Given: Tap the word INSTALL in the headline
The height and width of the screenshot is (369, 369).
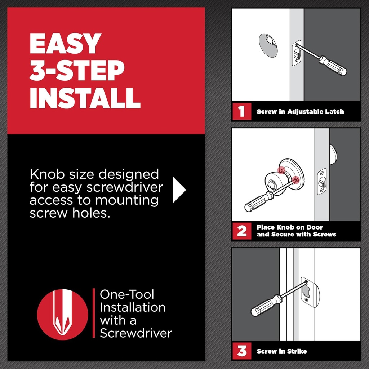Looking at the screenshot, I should [85, 97].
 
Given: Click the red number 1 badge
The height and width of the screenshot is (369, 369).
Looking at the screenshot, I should [241, 111].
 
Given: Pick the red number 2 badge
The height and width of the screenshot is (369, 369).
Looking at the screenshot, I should [241, 231].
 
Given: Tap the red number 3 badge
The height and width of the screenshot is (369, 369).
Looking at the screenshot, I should [241, 351].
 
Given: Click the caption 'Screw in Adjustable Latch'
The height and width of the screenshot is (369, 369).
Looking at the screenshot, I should [300, 112].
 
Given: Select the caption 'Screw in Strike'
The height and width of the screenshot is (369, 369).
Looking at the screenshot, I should [281, 351].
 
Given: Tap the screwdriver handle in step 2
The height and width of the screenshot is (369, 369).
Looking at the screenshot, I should [258, 201].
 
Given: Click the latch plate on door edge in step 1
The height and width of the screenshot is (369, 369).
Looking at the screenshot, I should [296, 53].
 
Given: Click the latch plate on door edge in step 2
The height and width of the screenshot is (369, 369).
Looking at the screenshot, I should [322, 182].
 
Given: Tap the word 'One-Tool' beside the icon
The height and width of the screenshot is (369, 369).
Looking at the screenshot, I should [127, 294].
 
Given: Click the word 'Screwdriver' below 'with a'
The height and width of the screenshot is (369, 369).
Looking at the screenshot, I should [135, 333].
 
